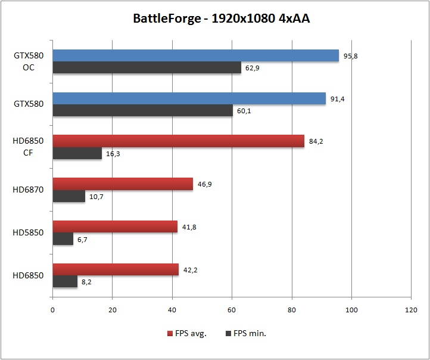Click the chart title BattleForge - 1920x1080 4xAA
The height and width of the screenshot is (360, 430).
221,19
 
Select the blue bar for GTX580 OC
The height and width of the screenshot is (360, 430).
195,55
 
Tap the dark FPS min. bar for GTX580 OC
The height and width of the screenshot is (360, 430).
147,67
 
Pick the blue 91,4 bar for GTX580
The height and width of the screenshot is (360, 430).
189,98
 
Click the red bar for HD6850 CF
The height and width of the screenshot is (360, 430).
178,141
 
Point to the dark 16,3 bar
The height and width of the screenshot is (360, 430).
77,153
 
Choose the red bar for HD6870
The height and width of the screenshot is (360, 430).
123,184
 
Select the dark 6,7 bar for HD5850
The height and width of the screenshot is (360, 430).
63,238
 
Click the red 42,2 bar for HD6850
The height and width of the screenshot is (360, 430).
116,269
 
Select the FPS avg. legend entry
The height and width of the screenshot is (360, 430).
187,333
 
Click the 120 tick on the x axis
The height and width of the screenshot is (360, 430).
411,310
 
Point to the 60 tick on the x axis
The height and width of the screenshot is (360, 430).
232,310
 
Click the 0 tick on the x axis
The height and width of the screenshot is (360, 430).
53,310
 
